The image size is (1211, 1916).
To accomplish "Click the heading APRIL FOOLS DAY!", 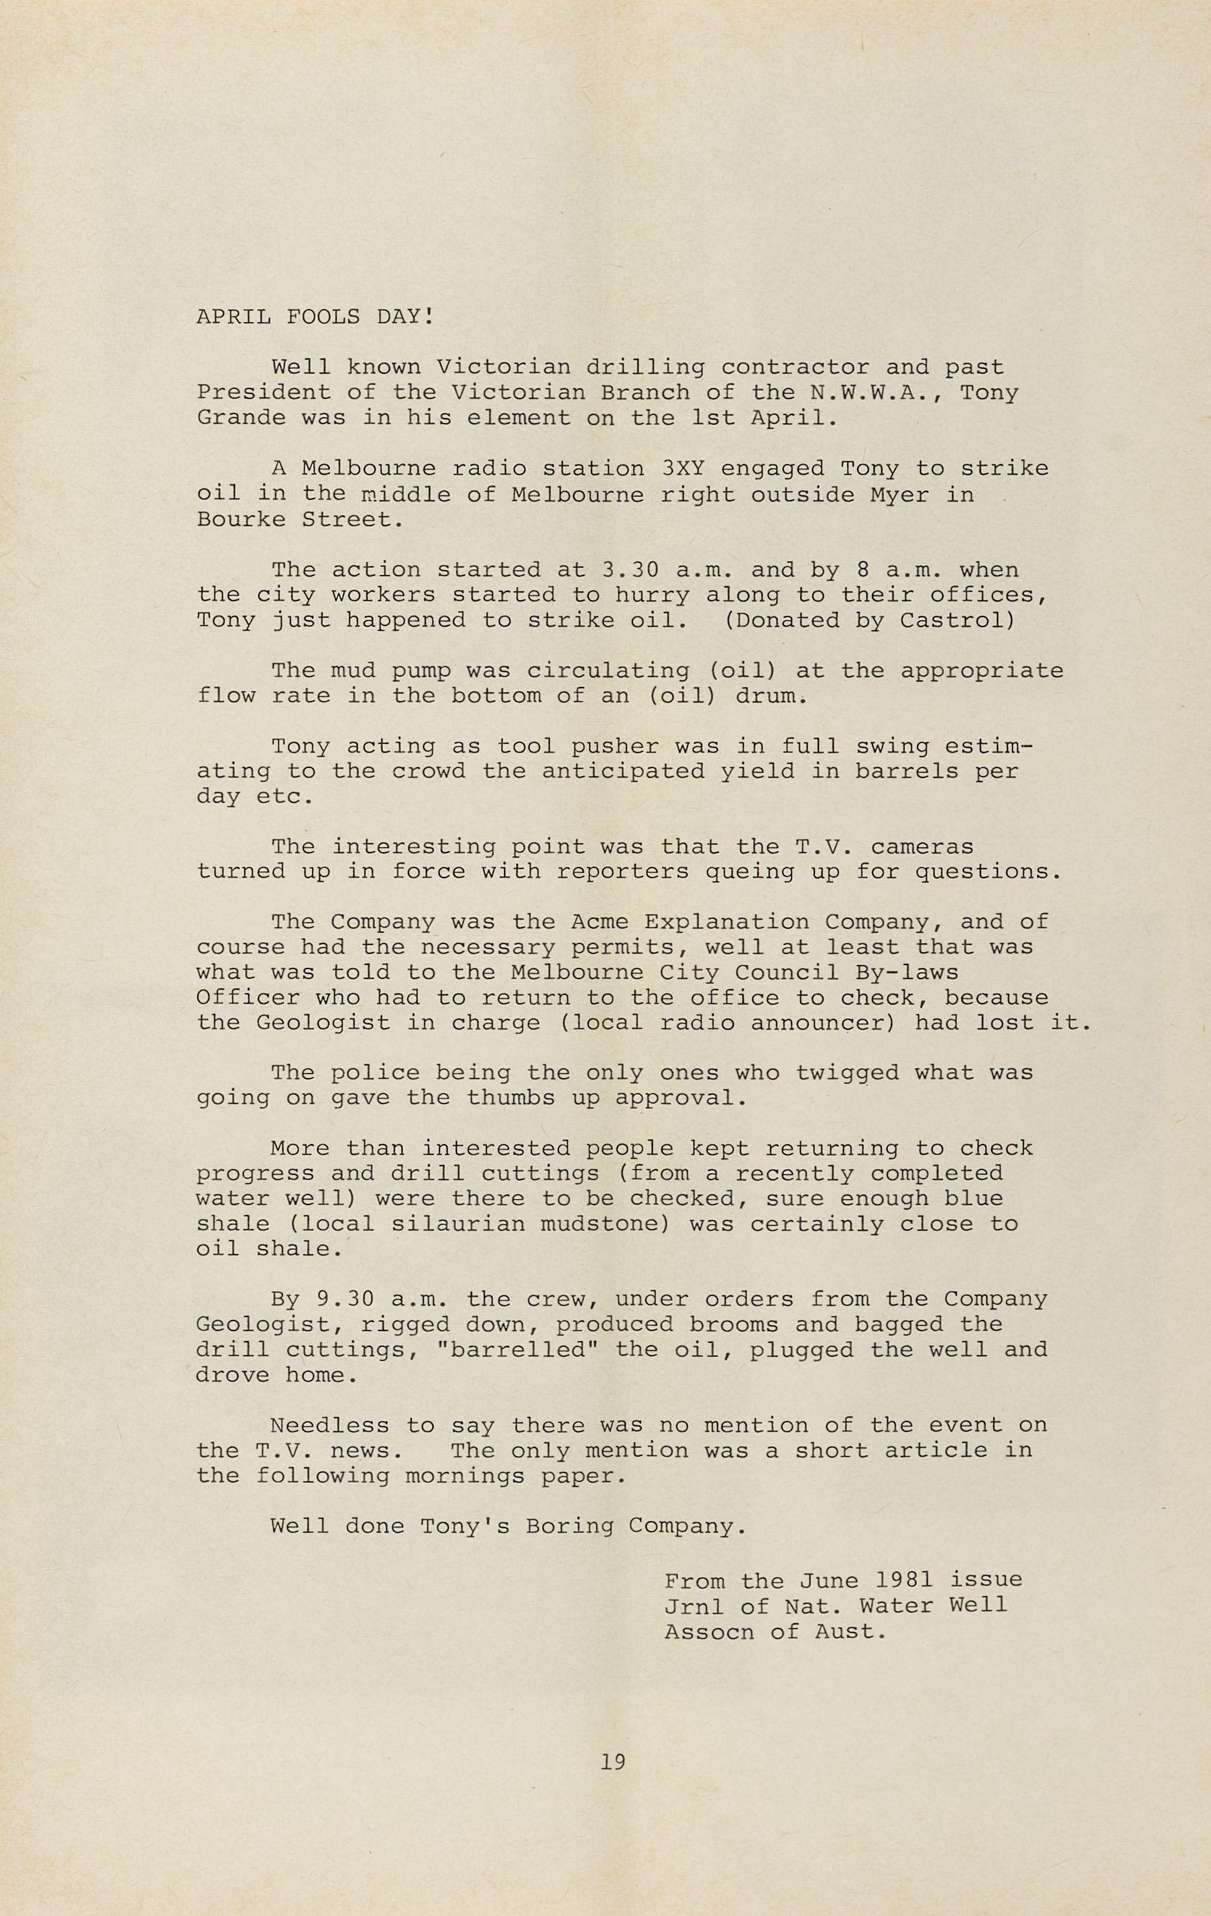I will coord(315,317).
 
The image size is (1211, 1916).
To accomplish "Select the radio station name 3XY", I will coord(683,469).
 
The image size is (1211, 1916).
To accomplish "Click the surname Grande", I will coord(241,418).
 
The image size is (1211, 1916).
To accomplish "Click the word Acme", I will coord(599,922).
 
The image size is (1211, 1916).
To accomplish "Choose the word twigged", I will coord(847,1074).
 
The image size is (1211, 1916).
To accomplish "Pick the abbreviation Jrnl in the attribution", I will coord(695,1605).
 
